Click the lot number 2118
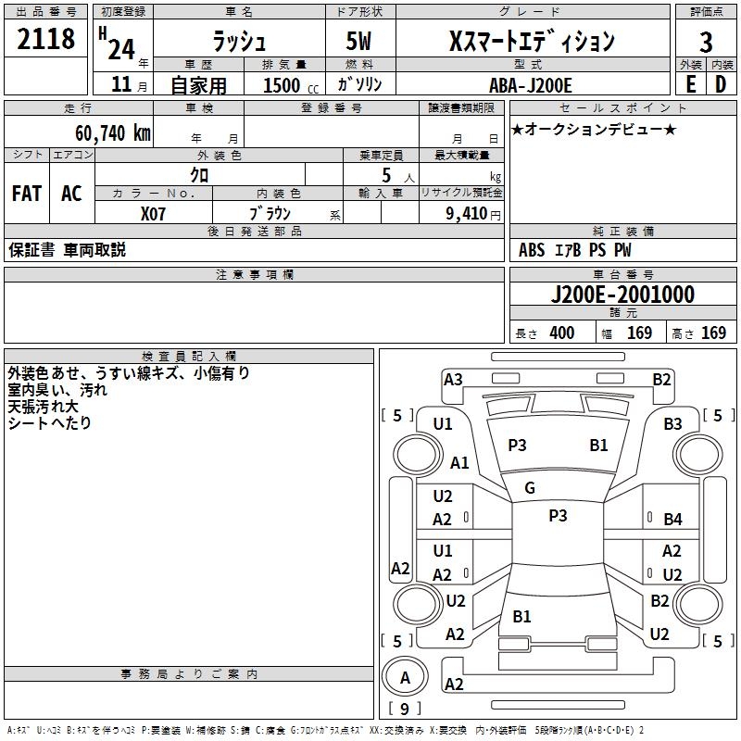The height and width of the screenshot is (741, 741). pos(45,40)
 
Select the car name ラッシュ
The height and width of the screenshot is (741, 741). pos(239,41)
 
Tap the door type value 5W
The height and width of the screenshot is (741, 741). pos(360,41)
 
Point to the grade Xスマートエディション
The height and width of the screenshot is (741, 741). pos(531,41)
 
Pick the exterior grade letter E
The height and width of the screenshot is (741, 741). pos(690,84)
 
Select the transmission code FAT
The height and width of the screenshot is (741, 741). pos(26,194)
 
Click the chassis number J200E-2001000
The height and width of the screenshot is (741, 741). pos(622,295)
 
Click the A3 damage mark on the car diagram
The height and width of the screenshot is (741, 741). pos(453,379)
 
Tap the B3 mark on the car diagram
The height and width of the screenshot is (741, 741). pos(672,424)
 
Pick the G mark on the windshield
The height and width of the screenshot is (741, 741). pos(530,488)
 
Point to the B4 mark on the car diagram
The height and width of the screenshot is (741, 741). pos(672,520)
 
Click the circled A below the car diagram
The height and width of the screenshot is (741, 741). pos(404,678)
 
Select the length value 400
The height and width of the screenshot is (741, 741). pos(561,333)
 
